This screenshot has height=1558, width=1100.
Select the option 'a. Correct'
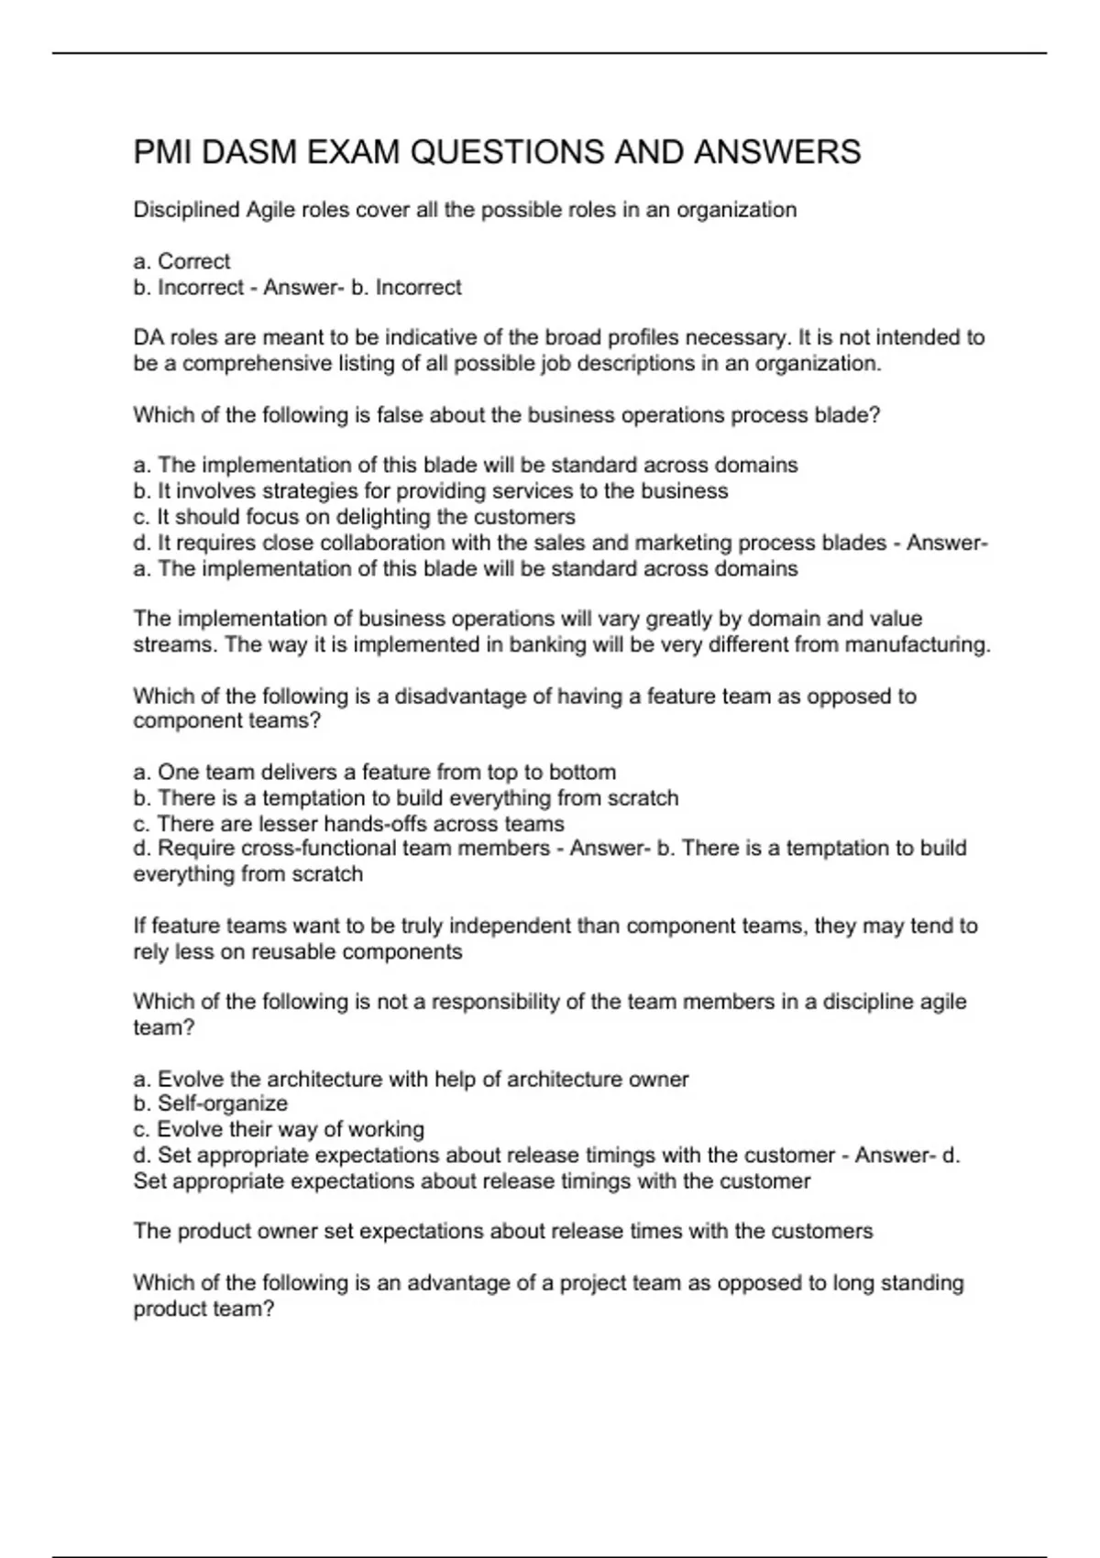pos(181,261)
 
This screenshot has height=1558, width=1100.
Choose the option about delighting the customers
pos(355,517)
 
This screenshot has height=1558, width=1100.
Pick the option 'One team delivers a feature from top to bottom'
pos(375,773)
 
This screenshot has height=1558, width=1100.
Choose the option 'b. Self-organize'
pos(211,1103)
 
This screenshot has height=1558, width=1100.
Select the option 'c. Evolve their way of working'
pos(279,1129)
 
